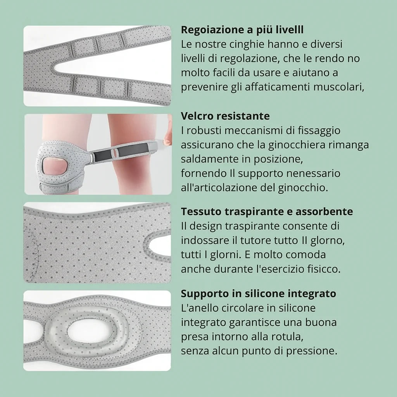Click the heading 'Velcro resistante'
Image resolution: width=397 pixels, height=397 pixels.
(225, 116)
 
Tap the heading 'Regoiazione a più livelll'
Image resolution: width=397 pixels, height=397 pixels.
(242, 29)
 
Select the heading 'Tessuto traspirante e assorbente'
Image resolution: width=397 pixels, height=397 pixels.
(267, 212)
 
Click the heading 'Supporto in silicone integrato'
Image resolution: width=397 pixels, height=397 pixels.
(258, 293)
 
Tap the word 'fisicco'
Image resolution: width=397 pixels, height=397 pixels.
(324, 269)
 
